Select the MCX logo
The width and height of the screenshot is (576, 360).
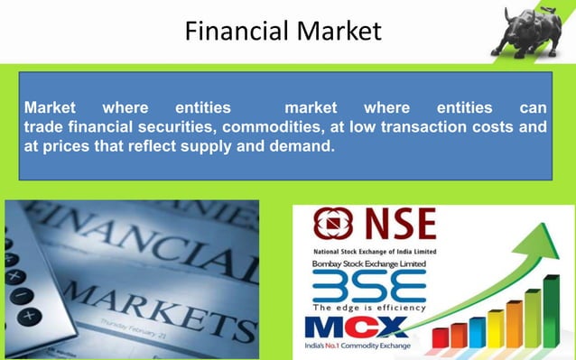coord(355,328)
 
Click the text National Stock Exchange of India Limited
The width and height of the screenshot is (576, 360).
coord(374,250)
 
